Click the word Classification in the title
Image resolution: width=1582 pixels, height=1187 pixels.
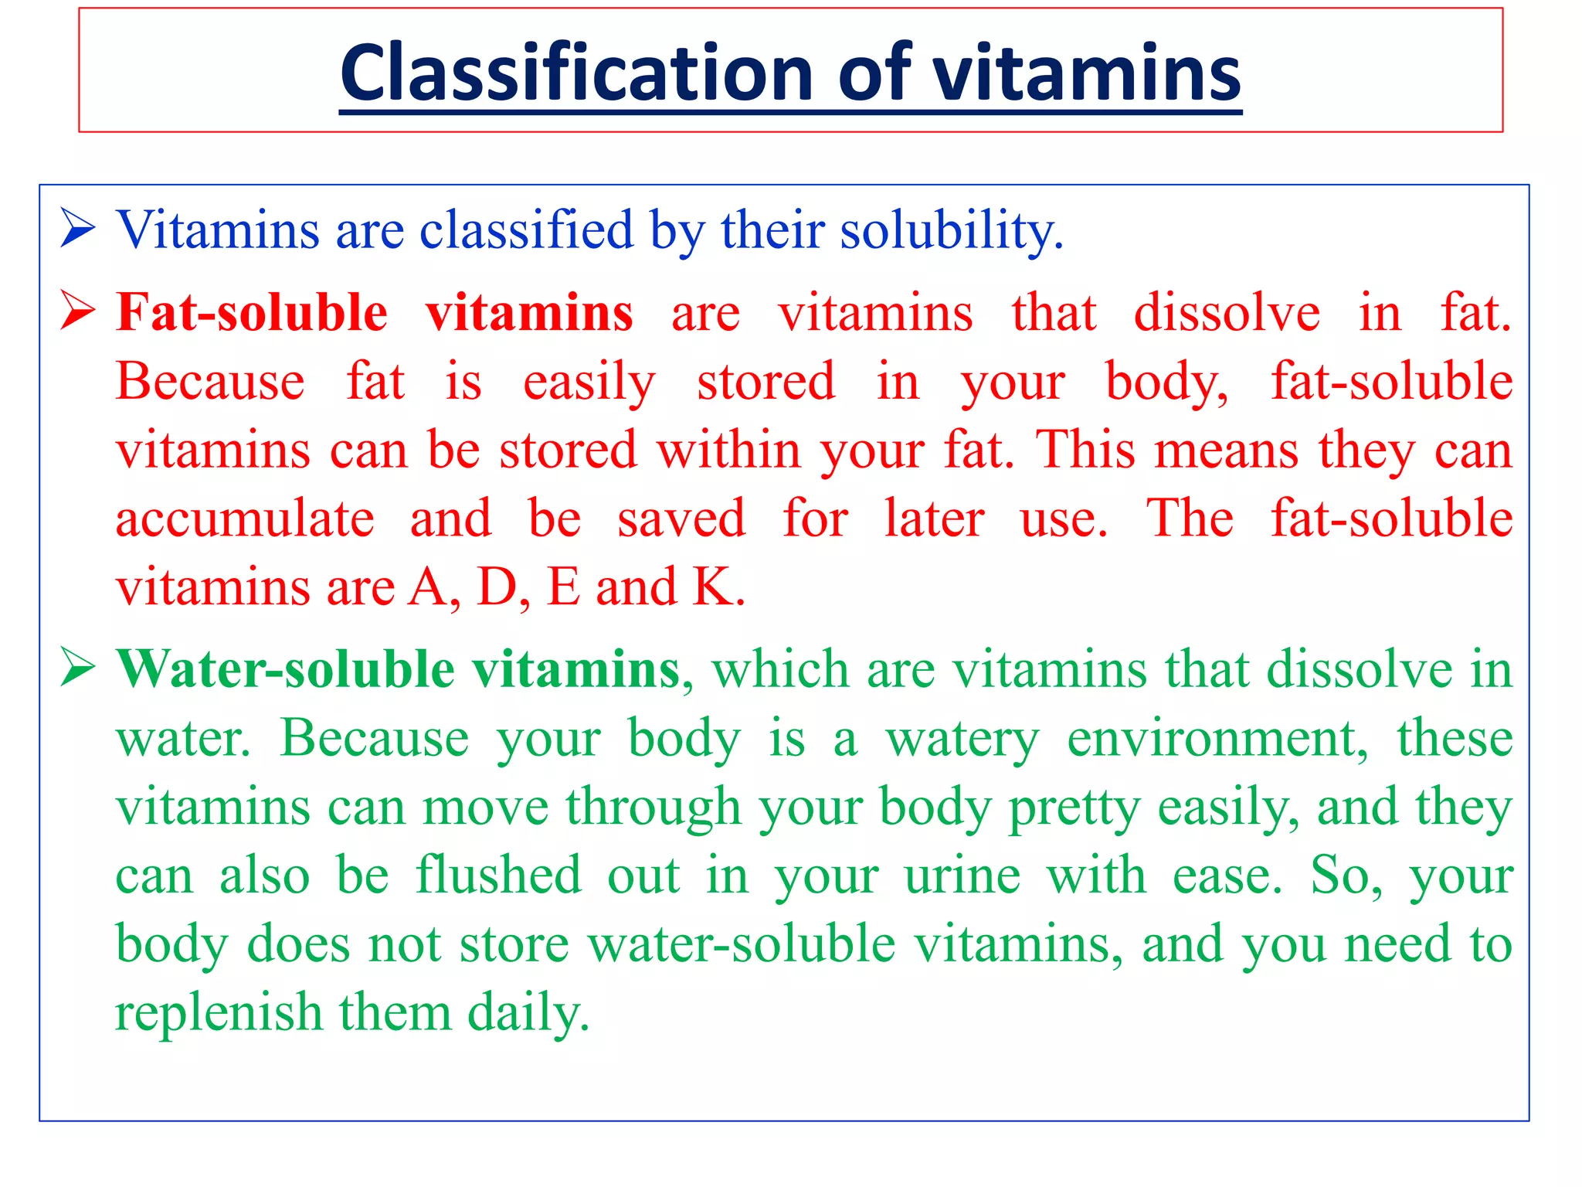[576, 73]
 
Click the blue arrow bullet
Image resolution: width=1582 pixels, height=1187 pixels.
[78, 229]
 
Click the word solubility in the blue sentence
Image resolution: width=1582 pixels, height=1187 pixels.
[951, 230]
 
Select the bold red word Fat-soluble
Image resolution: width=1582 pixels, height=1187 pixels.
[252, 312]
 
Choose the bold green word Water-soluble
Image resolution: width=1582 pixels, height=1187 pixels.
[285, 669]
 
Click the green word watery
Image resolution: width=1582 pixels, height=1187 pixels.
[962, 739]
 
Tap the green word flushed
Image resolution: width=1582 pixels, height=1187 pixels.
[498, 876]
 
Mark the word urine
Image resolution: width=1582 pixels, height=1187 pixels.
[962, 877]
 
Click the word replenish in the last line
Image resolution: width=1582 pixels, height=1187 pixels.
[219, 1013]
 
